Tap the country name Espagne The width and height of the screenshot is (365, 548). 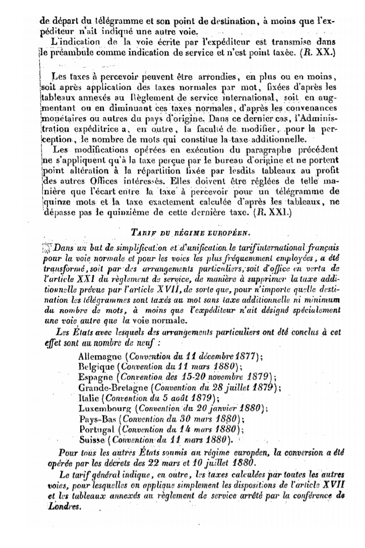click(x=97, y=377)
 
